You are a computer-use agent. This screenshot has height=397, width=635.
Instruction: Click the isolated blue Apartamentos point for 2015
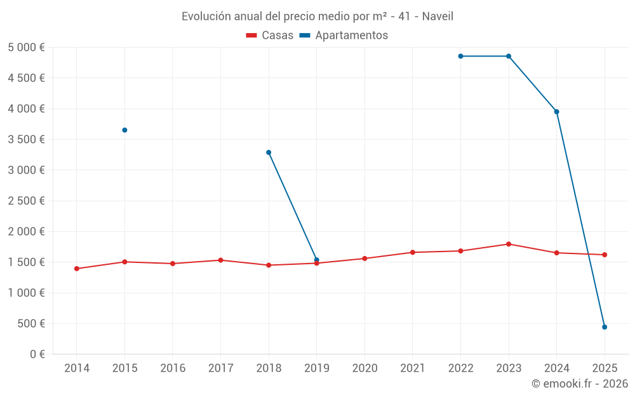(124, 130)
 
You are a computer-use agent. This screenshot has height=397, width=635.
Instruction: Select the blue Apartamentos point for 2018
(269, 152)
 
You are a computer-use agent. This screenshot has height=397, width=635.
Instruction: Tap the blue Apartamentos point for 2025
(605, 327)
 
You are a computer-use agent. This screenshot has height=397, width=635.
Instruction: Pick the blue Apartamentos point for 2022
(460, 56)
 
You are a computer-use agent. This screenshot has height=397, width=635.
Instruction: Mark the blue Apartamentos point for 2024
(557, 112)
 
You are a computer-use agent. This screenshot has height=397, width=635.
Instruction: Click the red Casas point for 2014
(77, 269)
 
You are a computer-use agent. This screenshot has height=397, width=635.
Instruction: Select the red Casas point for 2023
(509, 244)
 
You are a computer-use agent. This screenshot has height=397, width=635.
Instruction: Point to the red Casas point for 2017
(220, 260)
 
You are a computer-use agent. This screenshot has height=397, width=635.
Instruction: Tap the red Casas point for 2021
(413, 252)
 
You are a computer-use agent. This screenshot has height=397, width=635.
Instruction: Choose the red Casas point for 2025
(605, 255)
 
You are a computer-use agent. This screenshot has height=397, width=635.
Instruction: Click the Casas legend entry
(270, 36)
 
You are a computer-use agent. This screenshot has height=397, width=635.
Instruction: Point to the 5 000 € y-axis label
(26, 48)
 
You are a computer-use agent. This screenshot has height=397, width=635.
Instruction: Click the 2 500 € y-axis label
(26, 201)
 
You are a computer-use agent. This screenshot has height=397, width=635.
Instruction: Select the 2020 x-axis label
(364, 368)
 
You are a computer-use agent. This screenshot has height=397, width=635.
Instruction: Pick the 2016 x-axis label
(173, 368)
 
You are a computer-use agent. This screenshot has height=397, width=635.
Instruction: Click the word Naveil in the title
(436, 17)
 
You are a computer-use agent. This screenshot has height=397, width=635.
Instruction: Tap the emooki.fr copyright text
(580, 384)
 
